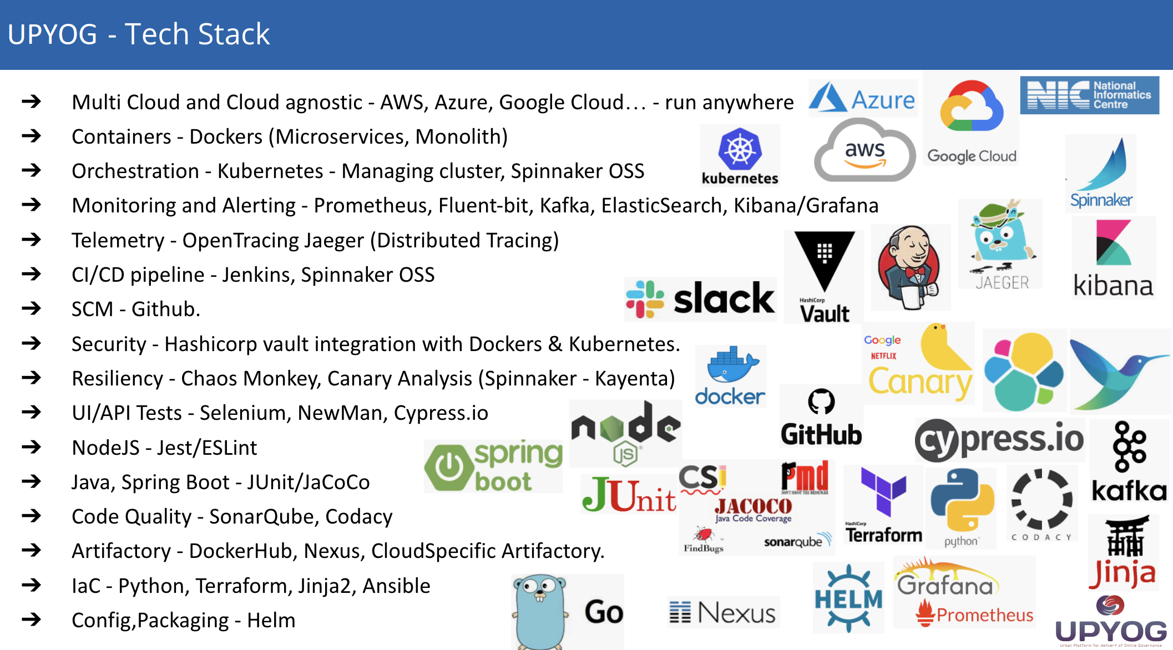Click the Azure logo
862,99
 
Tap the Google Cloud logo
971,119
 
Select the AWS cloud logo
864,151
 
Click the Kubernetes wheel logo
740,150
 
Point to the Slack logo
700,299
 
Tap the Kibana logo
1113,258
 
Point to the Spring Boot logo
493,466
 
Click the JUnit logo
629,494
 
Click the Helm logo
848,598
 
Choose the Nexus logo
723,612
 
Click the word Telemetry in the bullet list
118,240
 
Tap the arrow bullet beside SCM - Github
32,308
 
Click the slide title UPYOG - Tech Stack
139,34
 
